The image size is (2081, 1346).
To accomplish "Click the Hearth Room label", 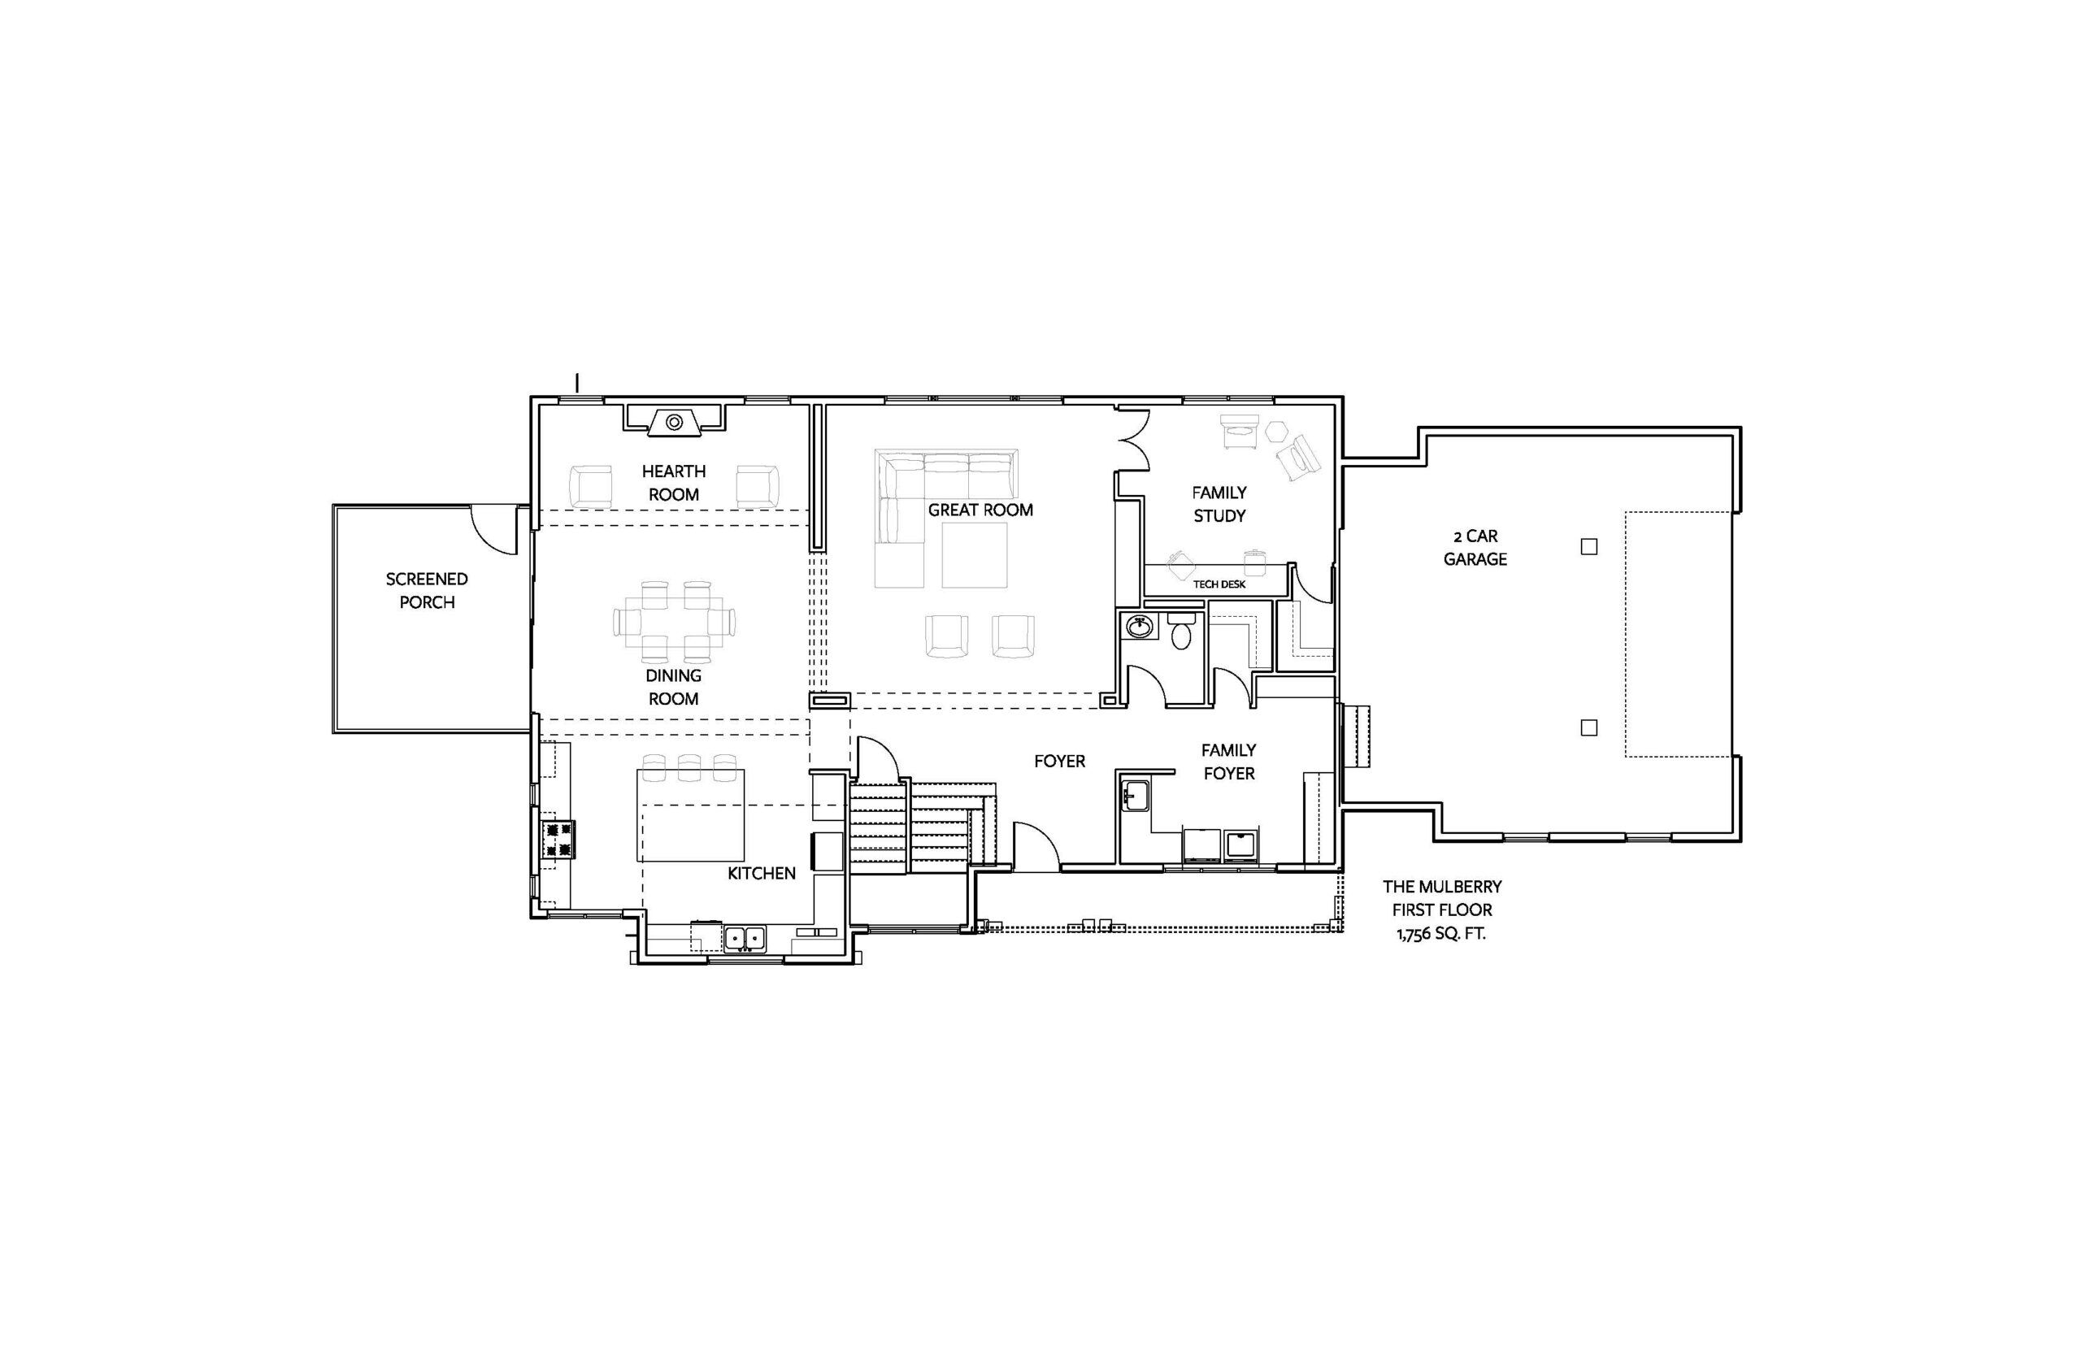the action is coord(673,483).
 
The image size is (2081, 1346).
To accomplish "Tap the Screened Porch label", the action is coord(427,590).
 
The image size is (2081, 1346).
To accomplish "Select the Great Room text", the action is coord(980,510).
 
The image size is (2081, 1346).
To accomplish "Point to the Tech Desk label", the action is coord(1219,584).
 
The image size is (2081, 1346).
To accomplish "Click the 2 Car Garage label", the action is coord(1475,547).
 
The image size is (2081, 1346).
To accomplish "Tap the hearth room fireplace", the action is coord(674,420).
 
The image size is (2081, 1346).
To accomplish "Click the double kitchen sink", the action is coord(744,938).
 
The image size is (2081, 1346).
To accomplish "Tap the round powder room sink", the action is coord(1138,627).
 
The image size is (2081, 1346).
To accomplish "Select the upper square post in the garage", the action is coord(1589,546).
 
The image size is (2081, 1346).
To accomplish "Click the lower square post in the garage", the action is coord(1589,727).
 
